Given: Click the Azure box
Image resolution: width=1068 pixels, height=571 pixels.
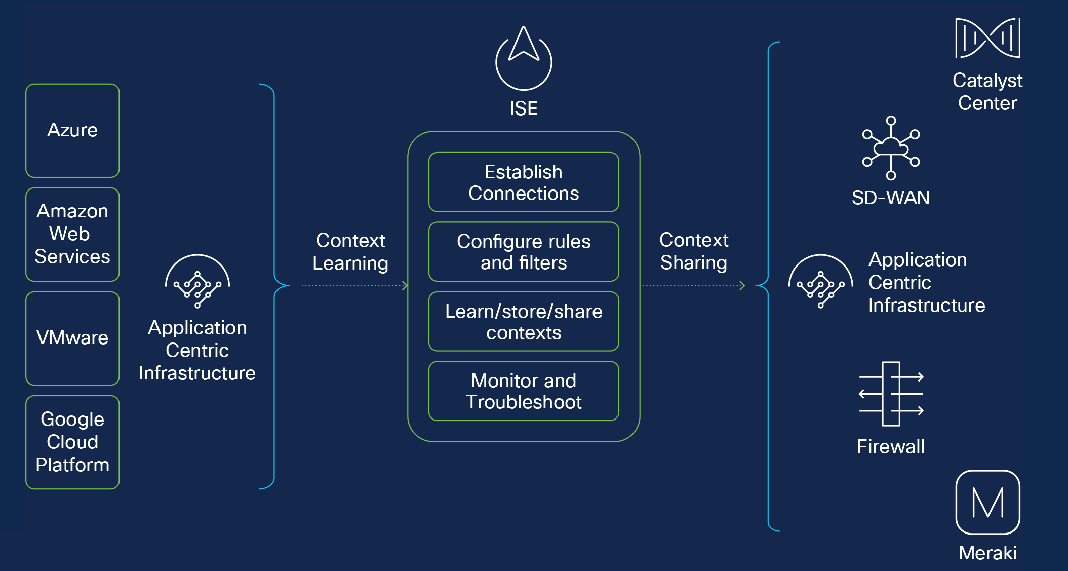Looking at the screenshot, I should [x=72, y=131].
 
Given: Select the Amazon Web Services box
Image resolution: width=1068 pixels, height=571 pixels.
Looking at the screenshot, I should [x=72, y=235].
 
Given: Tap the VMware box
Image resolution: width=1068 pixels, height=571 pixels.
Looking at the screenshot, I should [x=72, y=338].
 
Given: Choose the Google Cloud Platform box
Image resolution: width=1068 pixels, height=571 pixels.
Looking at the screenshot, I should [x=72, y=442].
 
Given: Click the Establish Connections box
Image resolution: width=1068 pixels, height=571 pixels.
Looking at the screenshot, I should [x=524, y=182].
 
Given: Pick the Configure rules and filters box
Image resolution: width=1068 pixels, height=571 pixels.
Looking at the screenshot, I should [x=524, y=252].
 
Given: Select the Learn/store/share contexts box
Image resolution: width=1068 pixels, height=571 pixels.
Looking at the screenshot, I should [x=524, y=322].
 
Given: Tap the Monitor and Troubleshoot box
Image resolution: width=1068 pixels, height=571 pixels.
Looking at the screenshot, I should [x=524, y=391].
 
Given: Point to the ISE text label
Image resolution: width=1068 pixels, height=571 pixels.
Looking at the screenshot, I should [x=524, y=108].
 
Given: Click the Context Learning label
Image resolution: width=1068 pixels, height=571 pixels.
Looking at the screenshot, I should [x=350, y=252].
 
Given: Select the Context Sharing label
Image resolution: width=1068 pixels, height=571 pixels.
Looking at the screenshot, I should [x=694, y=251].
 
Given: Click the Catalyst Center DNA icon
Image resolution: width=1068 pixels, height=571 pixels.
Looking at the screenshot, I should [x=987, y=38].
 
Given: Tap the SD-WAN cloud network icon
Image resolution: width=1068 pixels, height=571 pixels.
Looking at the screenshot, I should [x=891, y=148].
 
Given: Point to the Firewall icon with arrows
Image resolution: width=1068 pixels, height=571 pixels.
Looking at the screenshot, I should [x=891, y=394].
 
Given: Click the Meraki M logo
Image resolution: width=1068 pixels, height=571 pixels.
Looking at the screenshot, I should [x=987, y=502].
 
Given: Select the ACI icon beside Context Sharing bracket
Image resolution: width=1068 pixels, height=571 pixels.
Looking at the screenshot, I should [x=820, y=283].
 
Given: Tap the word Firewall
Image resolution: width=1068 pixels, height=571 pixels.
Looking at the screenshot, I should [x=891, y=447].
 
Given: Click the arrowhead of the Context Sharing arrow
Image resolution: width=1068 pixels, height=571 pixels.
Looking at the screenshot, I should [x=742, y=286].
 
